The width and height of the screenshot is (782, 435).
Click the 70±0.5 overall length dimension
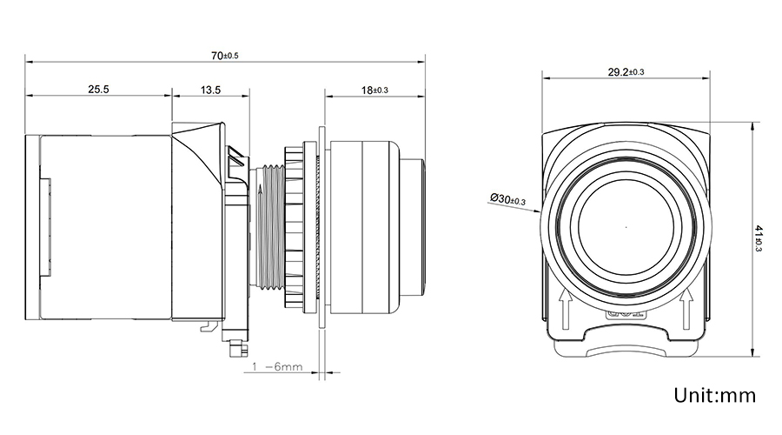(224, 55)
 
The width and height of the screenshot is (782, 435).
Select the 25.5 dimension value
(97, 89)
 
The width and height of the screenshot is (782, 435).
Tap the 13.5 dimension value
(210, 89)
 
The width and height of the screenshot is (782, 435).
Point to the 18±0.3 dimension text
(374, 89)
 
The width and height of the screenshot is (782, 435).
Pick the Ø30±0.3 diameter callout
(508, 200)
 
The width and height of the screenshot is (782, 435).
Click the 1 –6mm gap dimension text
(277, 367)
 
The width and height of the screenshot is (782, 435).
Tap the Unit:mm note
(716, 396)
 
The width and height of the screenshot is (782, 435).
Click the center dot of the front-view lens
(626, 227)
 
